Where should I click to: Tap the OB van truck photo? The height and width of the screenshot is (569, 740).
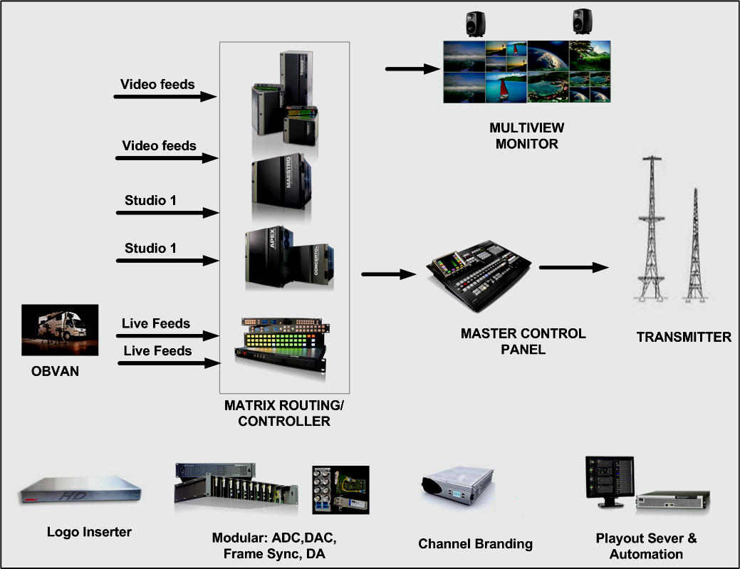tap(60, 331)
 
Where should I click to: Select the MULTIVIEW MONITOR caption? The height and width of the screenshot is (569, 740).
tap(526, 136)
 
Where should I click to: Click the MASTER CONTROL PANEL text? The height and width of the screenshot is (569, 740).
tap(523, 341)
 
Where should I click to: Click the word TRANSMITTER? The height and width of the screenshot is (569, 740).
tap(684, 337)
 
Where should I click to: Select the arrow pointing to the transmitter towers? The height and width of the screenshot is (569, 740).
tap(574, 268)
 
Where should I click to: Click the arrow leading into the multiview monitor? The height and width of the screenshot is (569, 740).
tap(413, 69)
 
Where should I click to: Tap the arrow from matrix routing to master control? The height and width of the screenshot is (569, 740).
tap(388, 274)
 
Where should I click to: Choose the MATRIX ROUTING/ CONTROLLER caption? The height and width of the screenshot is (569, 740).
tap(284, 413)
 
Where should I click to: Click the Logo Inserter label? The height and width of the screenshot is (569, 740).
tap(89, 532)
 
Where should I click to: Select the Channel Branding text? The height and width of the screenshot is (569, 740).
tap(475, 544)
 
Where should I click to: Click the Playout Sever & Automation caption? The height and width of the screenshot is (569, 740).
tap(646, 546)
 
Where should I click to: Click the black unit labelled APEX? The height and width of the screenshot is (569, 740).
tap(269, 257)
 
